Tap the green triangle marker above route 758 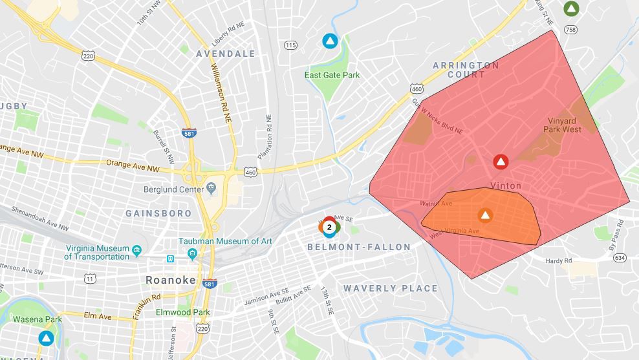coord(570,9)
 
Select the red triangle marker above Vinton coord(501,162)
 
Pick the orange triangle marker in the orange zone coord(485,215)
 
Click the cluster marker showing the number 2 coord(329,227)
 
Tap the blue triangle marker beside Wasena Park coord(45,338)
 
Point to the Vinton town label coord(506,185)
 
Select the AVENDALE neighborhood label coord(226,54)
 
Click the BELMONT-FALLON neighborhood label coord(359,247)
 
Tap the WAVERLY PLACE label coord(390,288)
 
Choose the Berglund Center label coord(173,189)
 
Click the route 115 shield coord(290,45)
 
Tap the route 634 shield coord(620,258)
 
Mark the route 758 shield coord(570,29)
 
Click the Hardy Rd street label coord(559,260)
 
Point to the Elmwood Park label coord(184,312)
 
